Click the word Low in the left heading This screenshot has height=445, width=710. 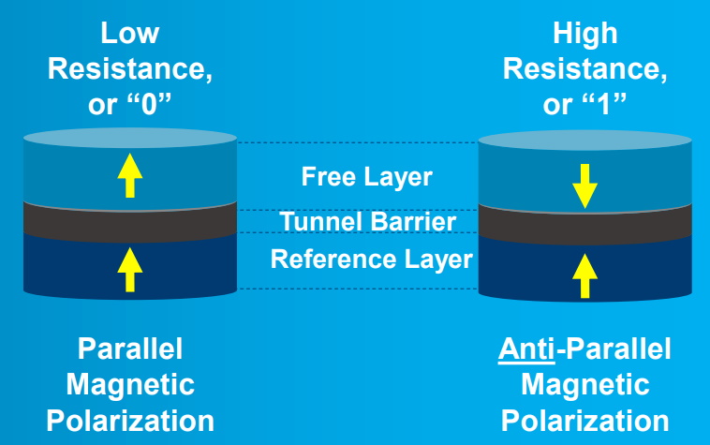pos(130,34)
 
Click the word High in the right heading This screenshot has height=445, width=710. pos(585,34)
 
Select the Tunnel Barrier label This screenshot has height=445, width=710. pos(367,222)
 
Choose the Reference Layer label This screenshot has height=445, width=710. pos(372,259)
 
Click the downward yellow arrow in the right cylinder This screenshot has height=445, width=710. pos(585,185)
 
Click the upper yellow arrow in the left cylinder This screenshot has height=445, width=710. pos(130,175)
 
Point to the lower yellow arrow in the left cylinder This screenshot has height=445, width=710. pos(130,271)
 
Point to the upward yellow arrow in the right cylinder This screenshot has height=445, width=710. pos(585,274)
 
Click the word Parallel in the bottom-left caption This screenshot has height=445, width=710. pos(130,350)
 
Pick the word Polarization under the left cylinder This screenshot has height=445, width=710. pos(130,419)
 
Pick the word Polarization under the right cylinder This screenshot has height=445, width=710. pos(585,419)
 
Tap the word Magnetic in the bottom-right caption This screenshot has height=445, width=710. pos(585,384)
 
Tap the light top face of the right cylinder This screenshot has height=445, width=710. pos(585,141)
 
